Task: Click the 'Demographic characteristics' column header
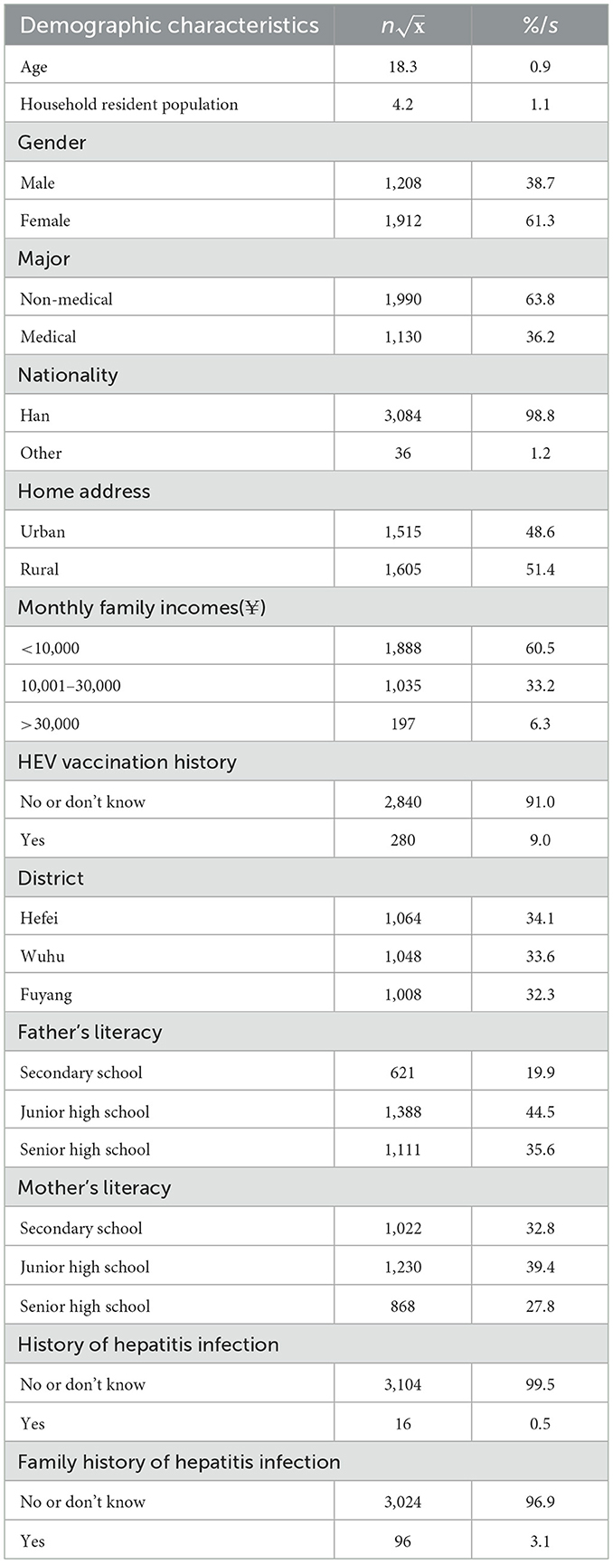169,25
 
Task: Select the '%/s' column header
540,25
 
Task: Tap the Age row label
33,67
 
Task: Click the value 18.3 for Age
402,67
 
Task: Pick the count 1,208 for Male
402,183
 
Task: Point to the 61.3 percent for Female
540,220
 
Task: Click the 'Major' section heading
44,259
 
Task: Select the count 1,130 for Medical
402,337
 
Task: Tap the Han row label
35,416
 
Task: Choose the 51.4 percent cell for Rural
540,569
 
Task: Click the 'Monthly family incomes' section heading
142,608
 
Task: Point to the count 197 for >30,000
402,724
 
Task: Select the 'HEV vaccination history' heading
127,763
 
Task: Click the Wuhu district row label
42,956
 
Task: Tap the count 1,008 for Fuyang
402,995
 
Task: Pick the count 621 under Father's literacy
402,1072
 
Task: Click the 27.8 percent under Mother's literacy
540,1306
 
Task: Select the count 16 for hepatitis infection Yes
402,1423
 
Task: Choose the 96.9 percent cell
540,1502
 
